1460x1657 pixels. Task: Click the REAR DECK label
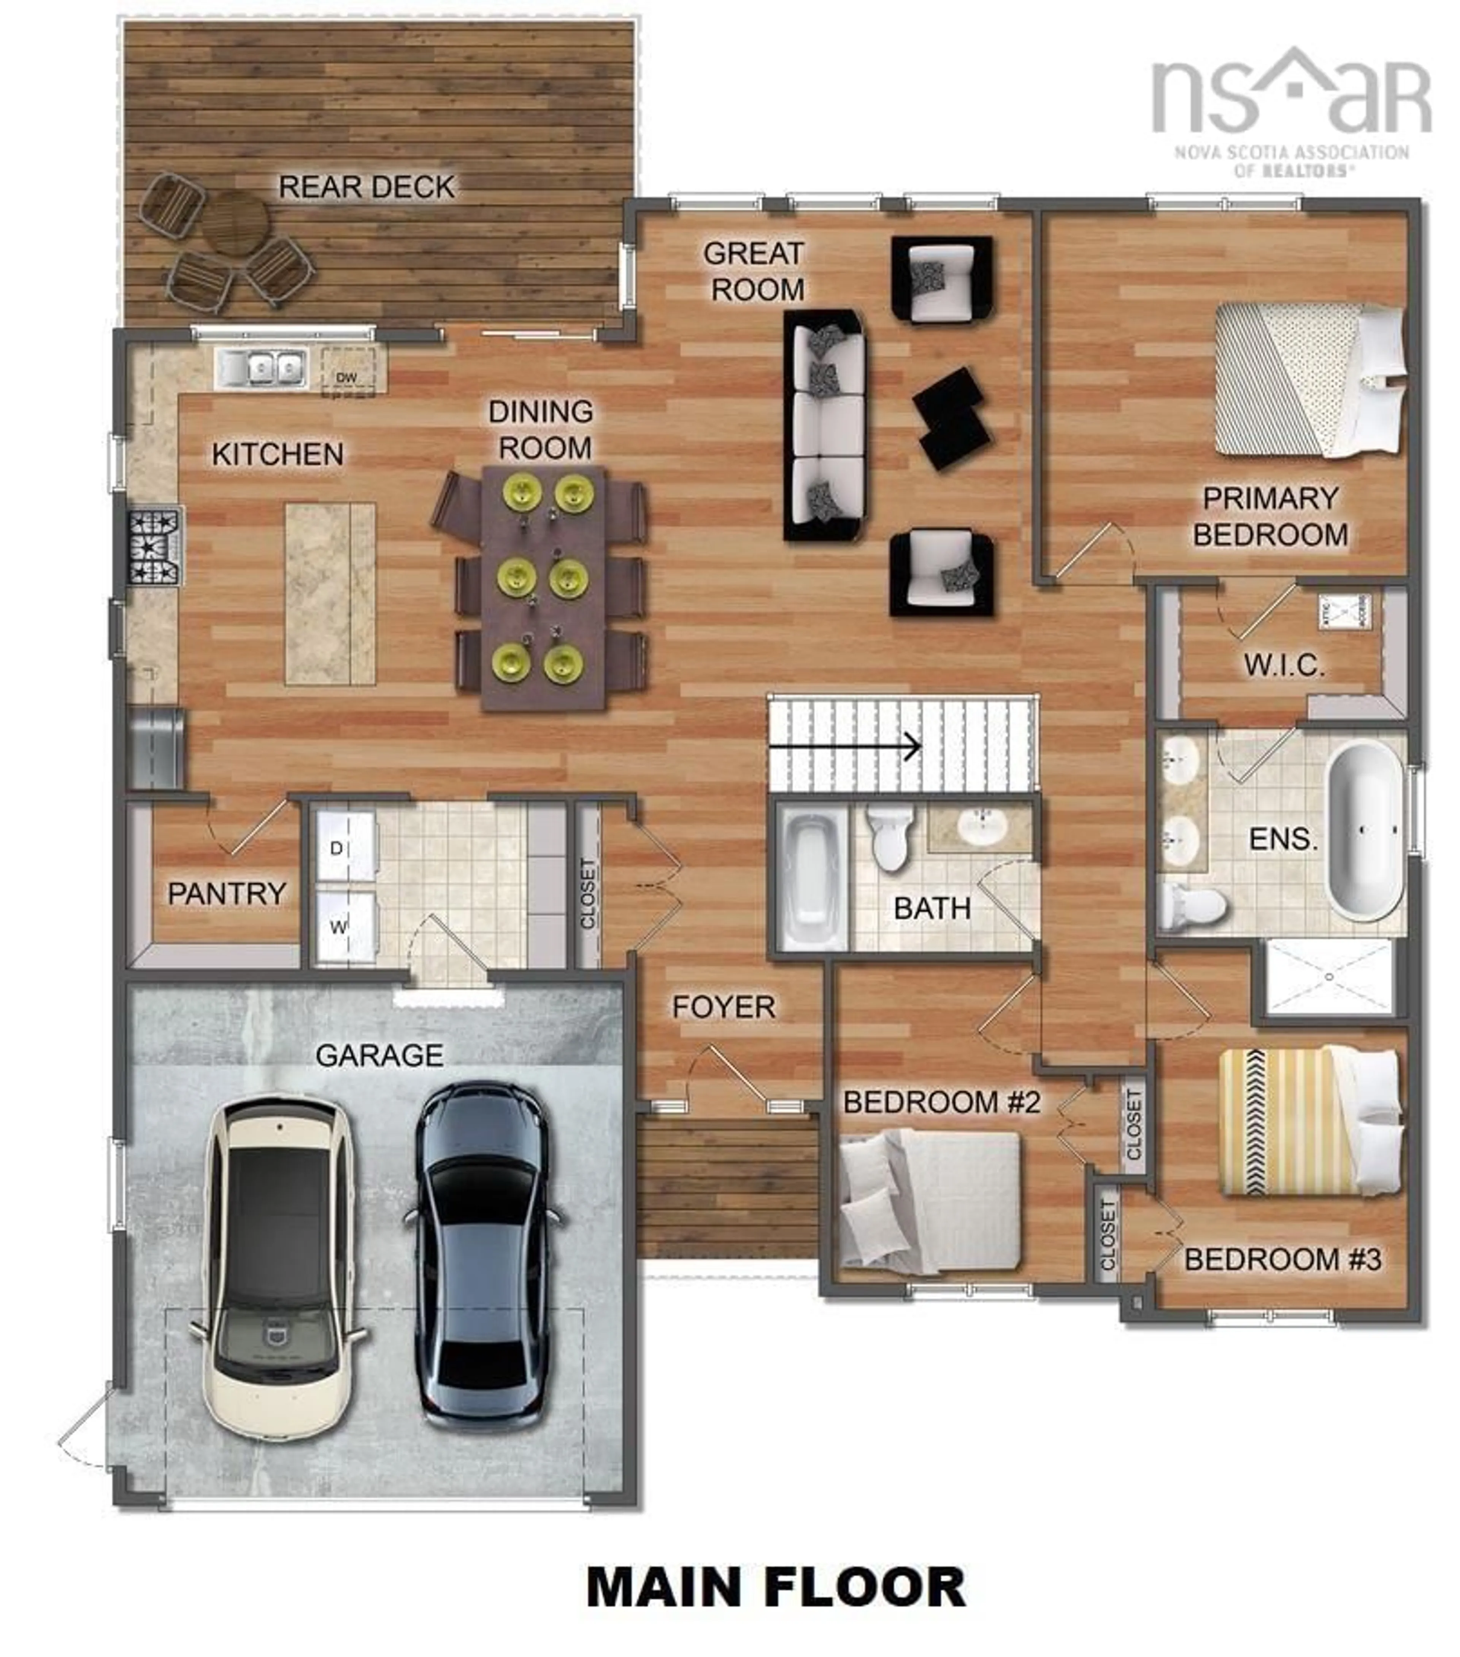[367, 187]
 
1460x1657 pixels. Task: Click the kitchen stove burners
[154, 546]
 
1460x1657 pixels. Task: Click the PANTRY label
[227, 893]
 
